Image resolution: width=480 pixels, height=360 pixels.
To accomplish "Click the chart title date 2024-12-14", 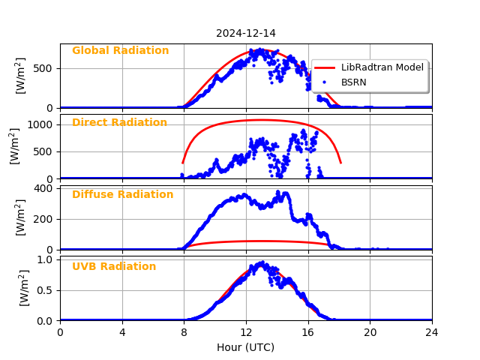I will (x=246, y=33).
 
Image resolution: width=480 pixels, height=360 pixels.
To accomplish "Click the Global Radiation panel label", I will (x=120, y=51).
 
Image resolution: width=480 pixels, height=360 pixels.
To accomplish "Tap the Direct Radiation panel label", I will (x=119, y=123).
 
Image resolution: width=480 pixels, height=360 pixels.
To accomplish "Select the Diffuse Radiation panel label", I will (x=122, y=195).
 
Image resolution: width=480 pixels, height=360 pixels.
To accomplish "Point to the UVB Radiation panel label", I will (x=114, y=267).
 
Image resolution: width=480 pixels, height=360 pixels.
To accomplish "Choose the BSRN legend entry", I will (x=354, y=82).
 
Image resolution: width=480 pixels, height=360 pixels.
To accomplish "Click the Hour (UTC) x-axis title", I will (x=246, y=347).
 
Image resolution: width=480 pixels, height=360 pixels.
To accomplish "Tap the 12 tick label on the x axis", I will (x=246, y=331).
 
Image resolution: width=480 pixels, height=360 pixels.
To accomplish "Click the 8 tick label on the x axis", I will (x=184, y=331).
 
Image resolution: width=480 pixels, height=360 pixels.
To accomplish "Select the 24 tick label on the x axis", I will (x=432, y=331).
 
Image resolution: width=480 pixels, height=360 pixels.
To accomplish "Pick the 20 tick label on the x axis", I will (x=370, y=331).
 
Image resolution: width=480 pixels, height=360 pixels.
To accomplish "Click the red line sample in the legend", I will (x=325, y=67).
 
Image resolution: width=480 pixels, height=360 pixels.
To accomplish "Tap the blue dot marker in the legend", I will (x=325, y=82).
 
